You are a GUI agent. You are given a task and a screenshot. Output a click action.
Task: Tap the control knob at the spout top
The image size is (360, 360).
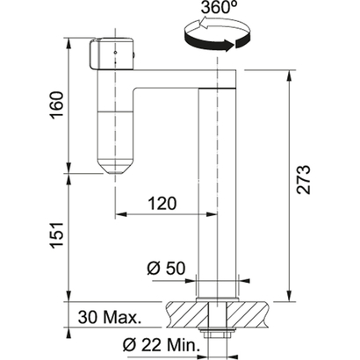point(111,54)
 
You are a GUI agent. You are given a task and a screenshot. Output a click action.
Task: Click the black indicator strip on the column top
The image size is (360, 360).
point(220,89)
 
